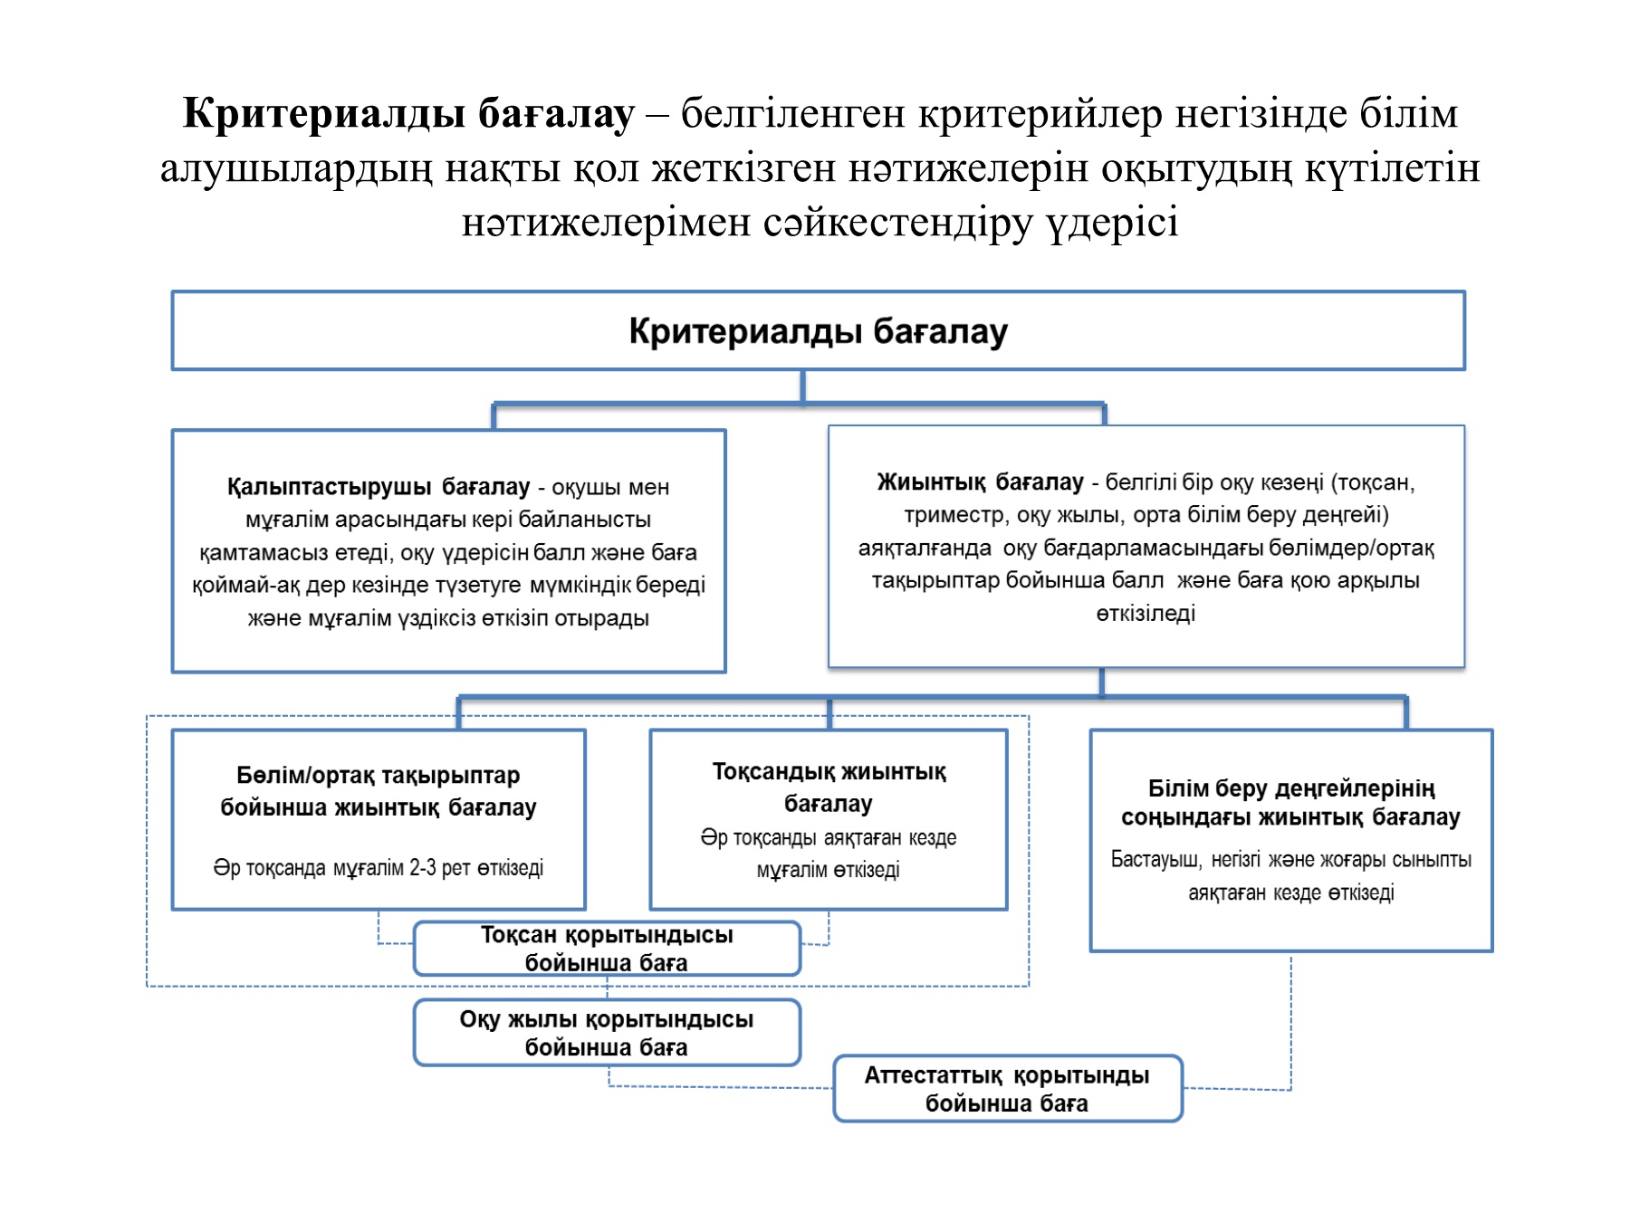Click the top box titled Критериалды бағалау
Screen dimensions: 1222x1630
point(818,331)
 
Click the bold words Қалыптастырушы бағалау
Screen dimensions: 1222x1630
point(378,487)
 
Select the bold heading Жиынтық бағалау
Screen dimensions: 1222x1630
point(980,482)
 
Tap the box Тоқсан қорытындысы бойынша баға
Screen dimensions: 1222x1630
point(607,949)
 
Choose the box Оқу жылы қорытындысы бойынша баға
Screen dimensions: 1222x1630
point(607,1033)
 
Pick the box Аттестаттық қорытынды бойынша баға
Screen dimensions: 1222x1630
point(1007,1089)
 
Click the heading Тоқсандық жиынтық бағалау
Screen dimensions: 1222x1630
point(829,788)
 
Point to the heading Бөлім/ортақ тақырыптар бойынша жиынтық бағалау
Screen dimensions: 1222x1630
point(379,791)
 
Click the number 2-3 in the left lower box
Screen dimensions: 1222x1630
point(423,868)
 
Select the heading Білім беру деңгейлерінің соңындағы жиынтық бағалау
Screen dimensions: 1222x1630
point(1290,803)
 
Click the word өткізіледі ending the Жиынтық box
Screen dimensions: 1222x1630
point(1146,614)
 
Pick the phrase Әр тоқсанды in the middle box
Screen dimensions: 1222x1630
point(758,838)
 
